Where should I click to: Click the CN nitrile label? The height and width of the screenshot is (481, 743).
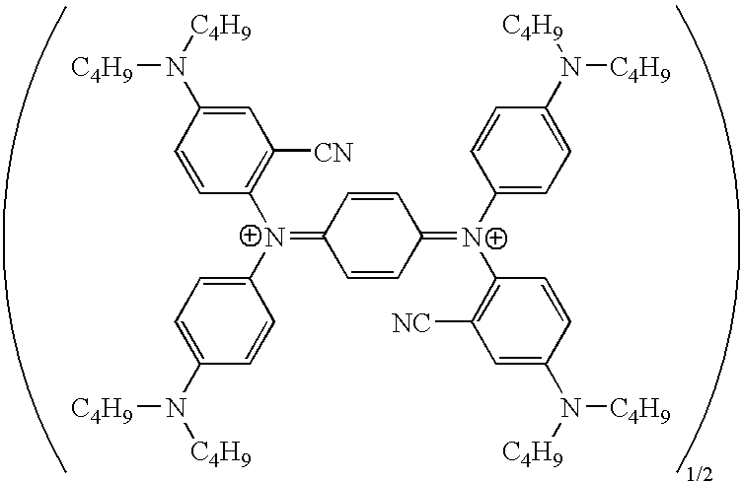[333, 153]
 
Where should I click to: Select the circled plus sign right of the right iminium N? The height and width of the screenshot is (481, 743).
[498, 237]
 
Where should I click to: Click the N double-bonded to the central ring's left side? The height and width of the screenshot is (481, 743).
[275, 237]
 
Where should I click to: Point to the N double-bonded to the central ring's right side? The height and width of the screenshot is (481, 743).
[474, 237]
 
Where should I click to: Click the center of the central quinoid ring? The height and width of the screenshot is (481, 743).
[374, 237]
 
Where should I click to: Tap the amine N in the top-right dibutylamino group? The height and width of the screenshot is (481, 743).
[569, 66]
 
